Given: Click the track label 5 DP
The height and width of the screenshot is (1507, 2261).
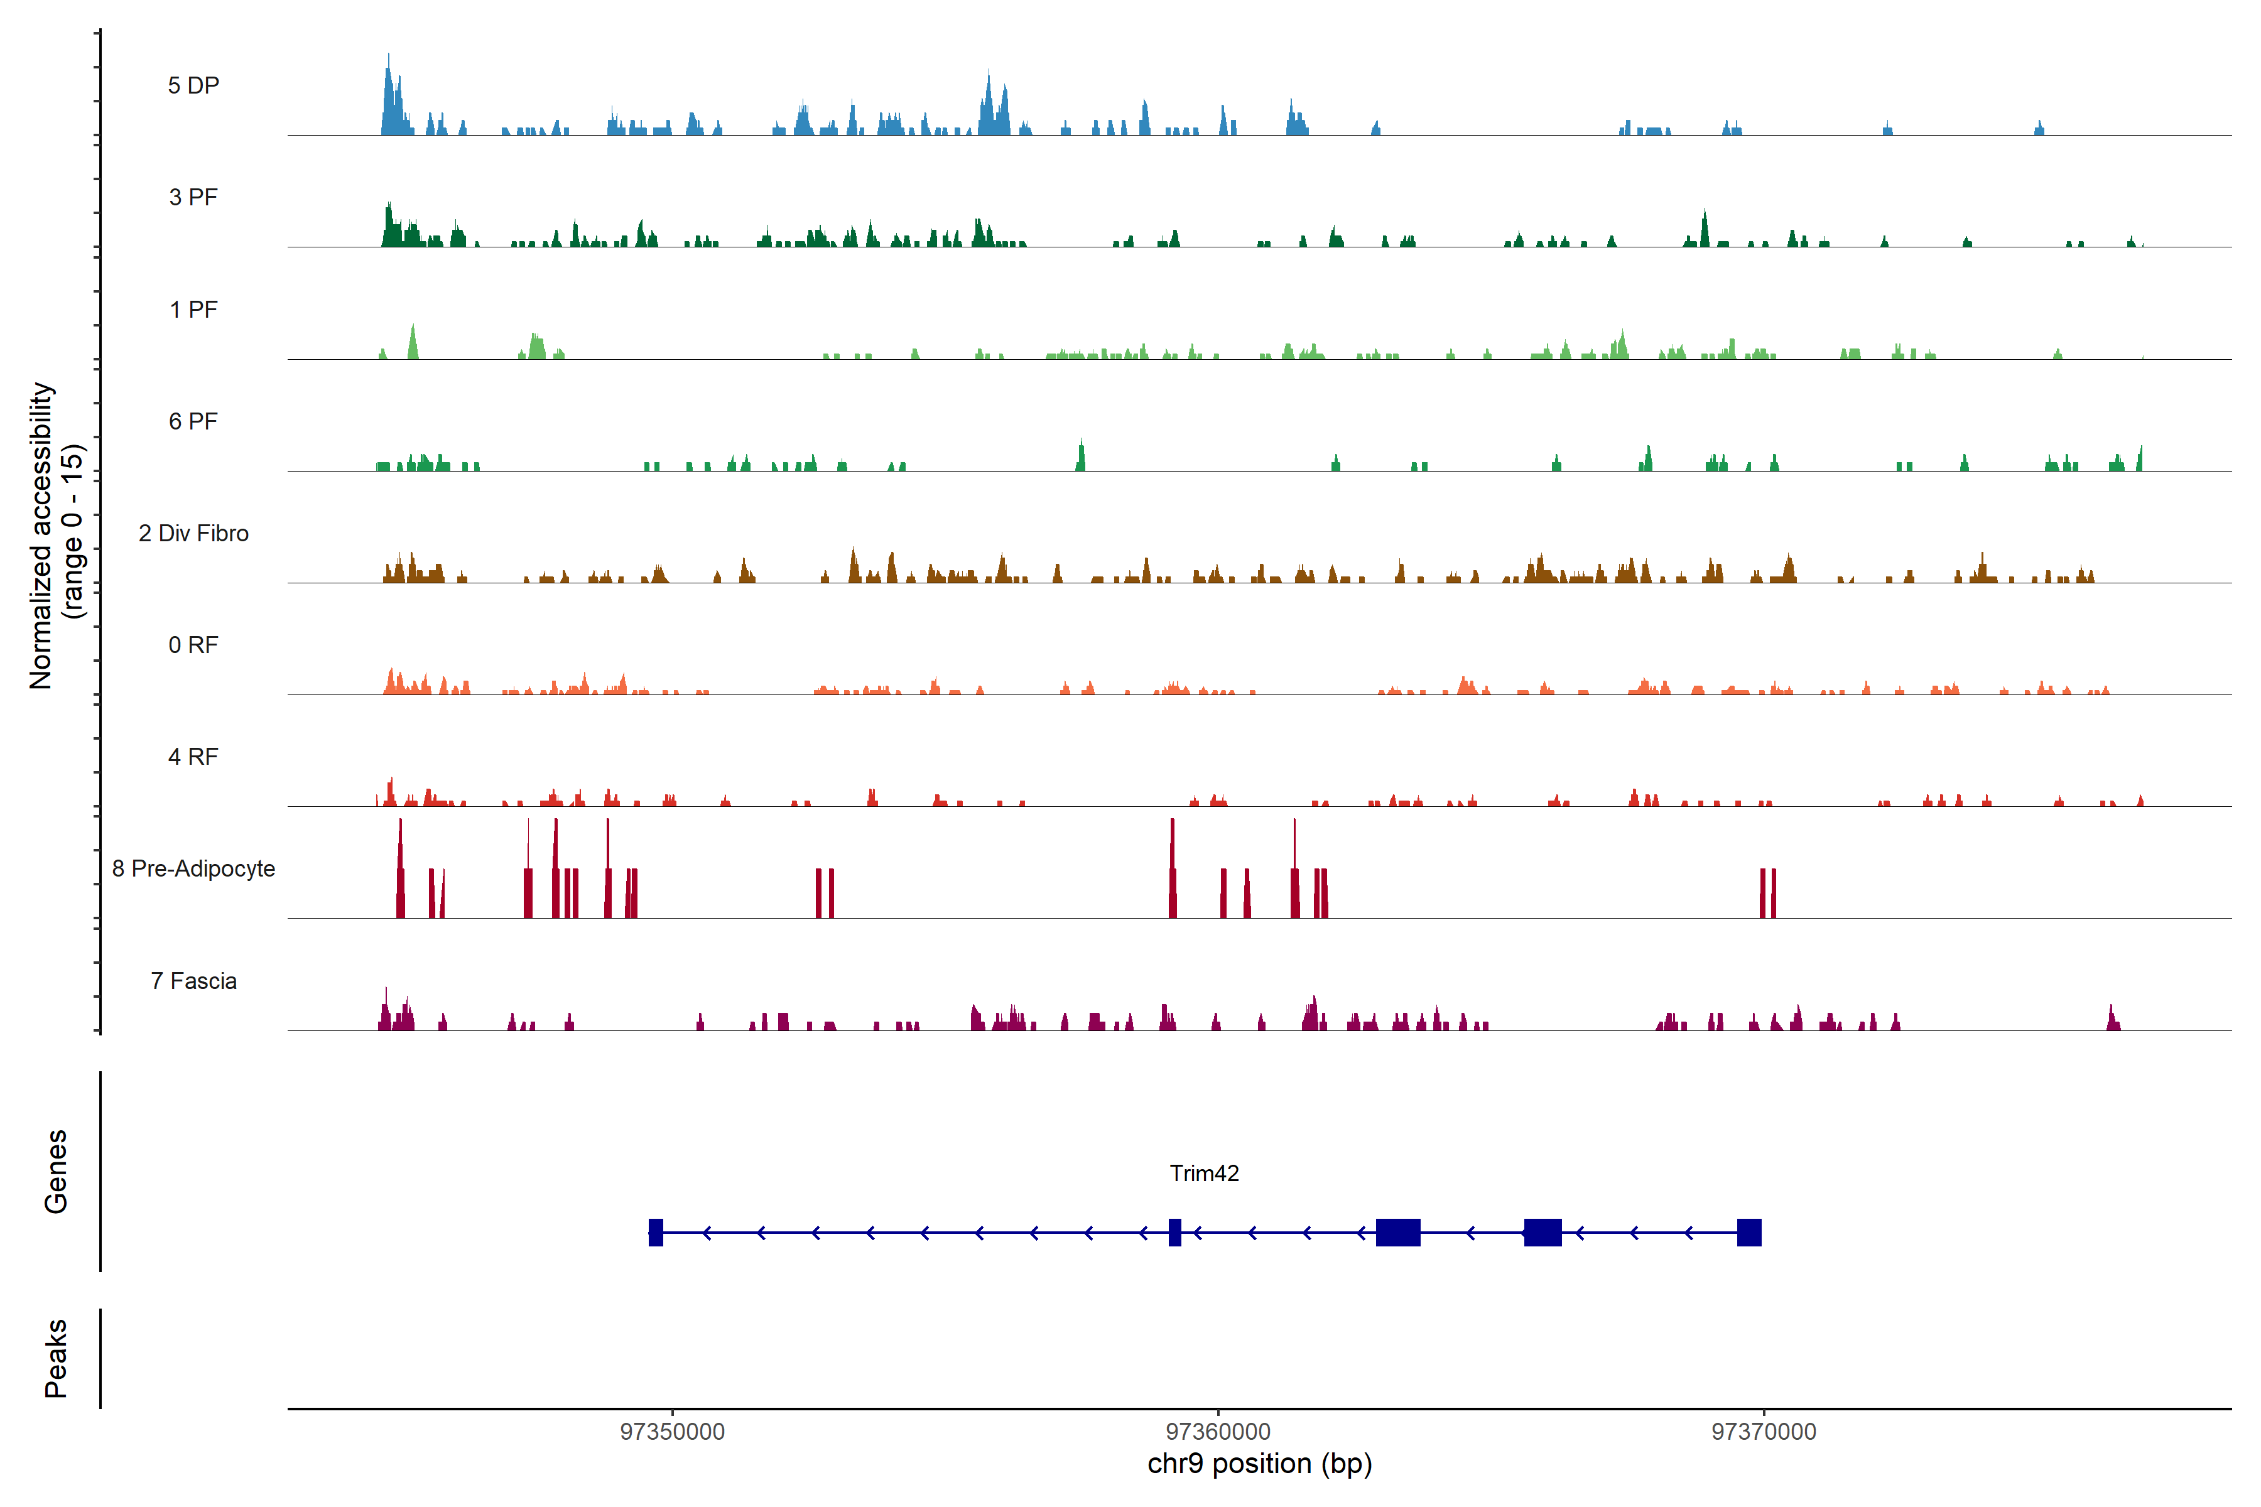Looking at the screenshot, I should [x=193, y=85].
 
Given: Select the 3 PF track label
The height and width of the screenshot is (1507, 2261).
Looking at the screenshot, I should [x=193, y=197].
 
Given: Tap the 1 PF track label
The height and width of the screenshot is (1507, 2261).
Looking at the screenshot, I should [x=193, y=310].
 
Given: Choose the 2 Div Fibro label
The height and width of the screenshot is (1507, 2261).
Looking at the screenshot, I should [x=193, y=533].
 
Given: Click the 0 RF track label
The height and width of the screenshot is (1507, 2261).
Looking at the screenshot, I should [x=193, y=645].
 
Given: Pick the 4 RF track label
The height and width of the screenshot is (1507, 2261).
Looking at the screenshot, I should [x=193, y=757].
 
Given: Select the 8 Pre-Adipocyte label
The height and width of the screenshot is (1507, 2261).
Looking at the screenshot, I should [x=193, y=869].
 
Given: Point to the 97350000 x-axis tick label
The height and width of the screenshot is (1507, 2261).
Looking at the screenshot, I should [x=672, y=1432].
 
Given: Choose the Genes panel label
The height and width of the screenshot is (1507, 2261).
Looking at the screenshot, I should [x=56, y=1172].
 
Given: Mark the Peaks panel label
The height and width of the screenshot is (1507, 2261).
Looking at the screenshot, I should [x=56, y=1358].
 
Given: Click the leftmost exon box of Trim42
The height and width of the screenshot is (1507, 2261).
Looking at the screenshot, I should [x=656, y=1232].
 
